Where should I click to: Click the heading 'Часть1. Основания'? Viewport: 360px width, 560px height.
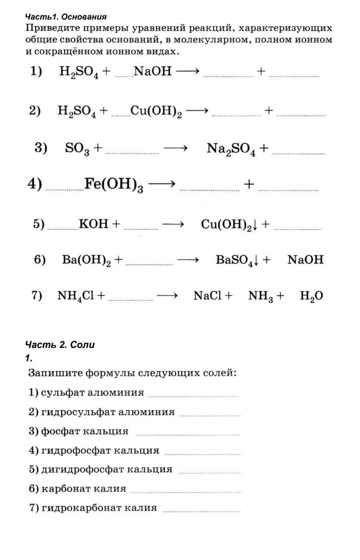tap(66, 17)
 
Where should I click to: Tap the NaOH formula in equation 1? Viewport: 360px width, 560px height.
tap(152, 71)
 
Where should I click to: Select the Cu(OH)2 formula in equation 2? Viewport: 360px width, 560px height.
tap(156, 111)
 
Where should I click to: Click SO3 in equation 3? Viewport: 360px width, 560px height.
tap(77, 148)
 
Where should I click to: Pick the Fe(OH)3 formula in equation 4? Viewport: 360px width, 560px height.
tap(114, 185)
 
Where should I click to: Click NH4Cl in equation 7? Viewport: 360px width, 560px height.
tap(76, 296)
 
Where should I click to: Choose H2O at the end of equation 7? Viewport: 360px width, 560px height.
tap(311, 296)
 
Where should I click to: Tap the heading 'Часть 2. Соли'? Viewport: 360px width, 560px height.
tap(60, 345)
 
